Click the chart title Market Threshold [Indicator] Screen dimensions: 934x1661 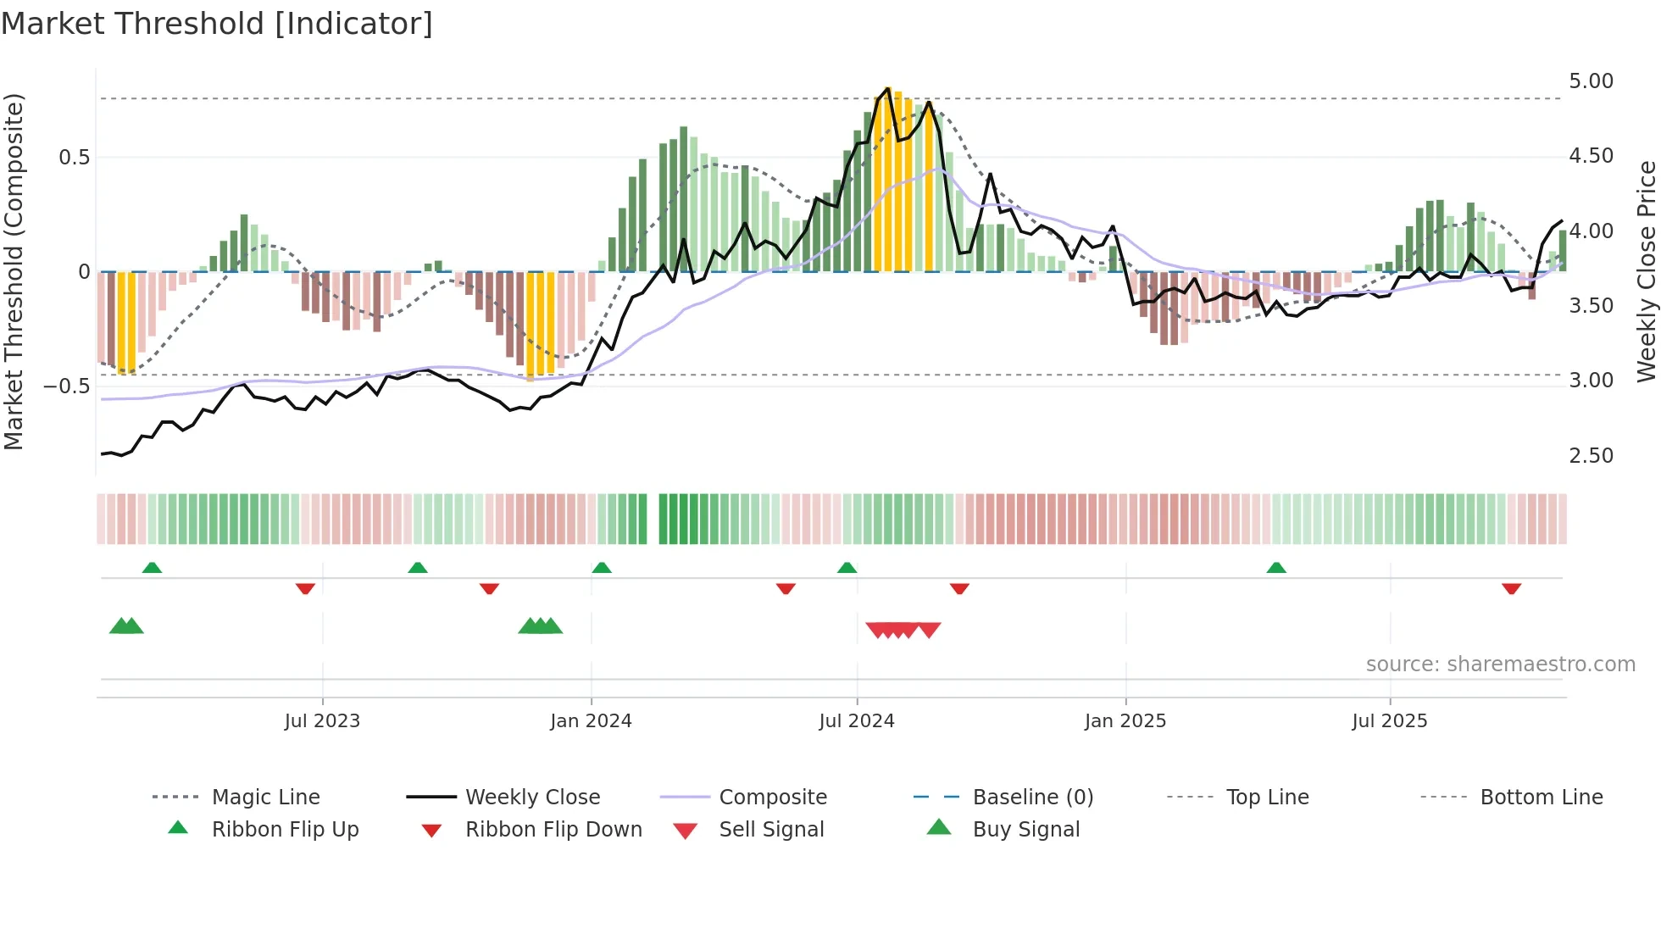(217, 24)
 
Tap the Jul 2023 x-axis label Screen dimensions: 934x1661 (322, 721)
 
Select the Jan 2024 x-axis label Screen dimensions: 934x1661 (591, 721)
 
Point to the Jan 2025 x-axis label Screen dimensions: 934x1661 (1125, 721)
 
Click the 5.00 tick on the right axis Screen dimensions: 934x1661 (1591, 81)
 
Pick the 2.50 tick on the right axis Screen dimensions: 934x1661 (1591, 456)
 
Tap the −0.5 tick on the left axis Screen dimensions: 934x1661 (67, 386)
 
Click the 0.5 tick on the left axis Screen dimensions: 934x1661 (74, 158)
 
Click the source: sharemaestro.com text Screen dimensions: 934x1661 (1500, 664)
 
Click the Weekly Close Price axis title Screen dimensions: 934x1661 (1646, 271)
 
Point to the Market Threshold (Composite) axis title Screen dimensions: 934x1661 (14, 271)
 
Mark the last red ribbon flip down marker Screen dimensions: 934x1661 (1511, 588)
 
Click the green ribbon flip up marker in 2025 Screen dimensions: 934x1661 (1276, 568)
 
